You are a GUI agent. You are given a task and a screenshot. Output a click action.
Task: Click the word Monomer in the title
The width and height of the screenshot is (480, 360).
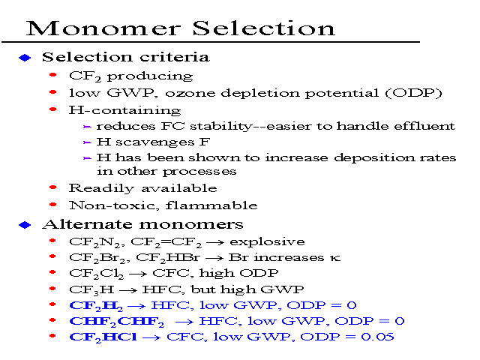pos(103,28)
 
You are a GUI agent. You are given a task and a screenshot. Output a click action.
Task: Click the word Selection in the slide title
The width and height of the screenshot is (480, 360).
pos(264,28)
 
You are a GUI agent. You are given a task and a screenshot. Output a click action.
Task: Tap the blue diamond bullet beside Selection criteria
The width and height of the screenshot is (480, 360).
pos(25,58)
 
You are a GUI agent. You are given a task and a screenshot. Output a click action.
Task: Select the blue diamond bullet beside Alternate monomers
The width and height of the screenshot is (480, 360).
pos(25,225)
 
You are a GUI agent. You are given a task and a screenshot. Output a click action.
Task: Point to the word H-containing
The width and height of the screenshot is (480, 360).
pos(125,110)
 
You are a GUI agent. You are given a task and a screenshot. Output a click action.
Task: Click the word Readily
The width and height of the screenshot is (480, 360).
pos(101,188)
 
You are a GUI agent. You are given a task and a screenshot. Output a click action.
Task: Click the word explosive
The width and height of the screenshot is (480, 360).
pos(267,242)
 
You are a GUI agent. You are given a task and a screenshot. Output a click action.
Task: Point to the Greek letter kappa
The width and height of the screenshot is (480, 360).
pos(335,258)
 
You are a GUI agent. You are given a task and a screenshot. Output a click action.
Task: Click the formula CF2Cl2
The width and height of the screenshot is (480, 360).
pos(97,273)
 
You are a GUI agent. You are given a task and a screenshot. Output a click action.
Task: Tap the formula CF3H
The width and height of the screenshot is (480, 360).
pos(91,289)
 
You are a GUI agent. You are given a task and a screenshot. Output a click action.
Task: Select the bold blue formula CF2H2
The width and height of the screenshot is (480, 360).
pos(96,305)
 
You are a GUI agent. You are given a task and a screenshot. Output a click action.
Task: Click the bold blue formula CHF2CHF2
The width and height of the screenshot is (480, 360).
pos(117,322)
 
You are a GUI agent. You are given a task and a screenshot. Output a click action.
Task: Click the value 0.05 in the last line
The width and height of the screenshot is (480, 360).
pos(377,337)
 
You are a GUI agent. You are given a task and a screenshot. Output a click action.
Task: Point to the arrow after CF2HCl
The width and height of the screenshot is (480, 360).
pos(151,337)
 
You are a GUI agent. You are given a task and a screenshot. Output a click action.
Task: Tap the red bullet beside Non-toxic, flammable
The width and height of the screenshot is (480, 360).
pos(53,204)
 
